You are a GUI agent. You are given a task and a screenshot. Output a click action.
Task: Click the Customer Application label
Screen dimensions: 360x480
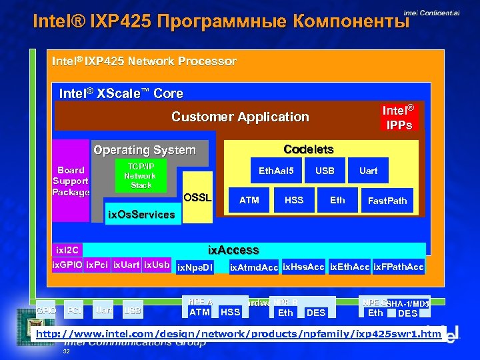(x=240, y=117)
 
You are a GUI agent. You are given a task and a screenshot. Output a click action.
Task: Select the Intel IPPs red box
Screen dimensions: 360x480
(x=398, y=117)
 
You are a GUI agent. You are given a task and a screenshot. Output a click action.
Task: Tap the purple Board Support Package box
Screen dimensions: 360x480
(x=71, y=181)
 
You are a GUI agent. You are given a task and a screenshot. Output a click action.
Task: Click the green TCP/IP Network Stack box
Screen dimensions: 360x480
(x=141, y=176)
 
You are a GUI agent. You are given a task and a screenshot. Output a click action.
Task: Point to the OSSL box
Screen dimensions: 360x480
(x=197, y=197)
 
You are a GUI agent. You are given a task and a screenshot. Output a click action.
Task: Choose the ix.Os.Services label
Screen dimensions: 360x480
(x=141, y=215)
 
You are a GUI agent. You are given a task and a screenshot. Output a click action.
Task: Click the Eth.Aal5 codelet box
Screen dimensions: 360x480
(x=277, y=171)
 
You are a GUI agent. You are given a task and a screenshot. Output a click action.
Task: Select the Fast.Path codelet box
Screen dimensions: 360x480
(x=387, y=201)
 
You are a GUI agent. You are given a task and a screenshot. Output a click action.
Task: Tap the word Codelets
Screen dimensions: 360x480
(x=309, y=149)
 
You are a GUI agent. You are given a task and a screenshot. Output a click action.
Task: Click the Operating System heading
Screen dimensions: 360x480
(x=145, y=150)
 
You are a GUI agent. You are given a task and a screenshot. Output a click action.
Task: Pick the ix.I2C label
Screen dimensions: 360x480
(x=67, y=250)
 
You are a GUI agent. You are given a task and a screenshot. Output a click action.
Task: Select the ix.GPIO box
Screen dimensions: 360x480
(x=67, y=265)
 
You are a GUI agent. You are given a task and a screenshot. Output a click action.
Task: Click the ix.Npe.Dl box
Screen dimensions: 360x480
(x=195, y=268)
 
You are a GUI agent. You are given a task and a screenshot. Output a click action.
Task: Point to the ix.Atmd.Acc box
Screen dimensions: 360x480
(x=253, y=268)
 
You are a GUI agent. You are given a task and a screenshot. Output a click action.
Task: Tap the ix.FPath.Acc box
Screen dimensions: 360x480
(x=398, y=267)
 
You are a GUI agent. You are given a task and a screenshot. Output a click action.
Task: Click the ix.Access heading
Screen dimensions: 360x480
(x=233, y=250)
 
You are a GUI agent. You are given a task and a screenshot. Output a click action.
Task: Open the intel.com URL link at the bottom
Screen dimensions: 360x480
(x=239, y=333)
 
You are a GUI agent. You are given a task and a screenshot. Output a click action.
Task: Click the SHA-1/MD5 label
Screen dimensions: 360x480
(x=407, y=303)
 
